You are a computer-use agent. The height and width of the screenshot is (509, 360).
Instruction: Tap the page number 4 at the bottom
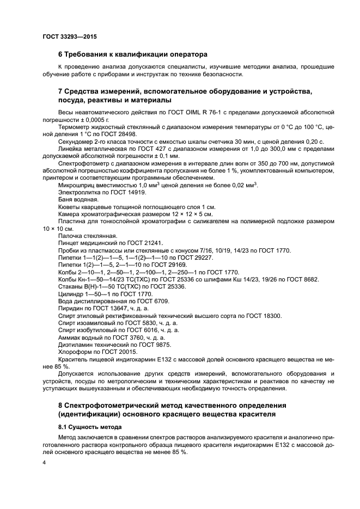44,462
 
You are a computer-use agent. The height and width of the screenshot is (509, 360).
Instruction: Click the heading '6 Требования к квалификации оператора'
133,54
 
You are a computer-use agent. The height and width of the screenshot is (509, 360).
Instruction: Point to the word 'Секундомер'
76,141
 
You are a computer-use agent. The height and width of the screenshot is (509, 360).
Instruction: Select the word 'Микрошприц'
77,186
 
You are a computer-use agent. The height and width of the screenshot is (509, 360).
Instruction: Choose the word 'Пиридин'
71,308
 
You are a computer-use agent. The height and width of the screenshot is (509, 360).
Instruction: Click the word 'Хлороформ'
75,352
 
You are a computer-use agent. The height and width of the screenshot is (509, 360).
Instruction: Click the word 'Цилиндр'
71,294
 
